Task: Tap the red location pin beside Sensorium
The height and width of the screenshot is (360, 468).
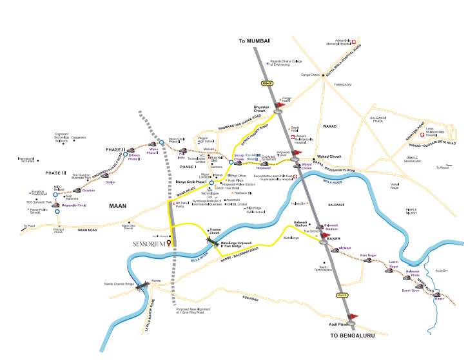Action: [x=169, y=243]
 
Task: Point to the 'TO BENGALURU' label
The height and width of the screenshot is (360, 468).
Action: [x=352, y=336]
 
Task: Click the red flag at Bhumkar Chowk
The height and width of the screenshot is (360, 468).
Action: [x=280, y=104]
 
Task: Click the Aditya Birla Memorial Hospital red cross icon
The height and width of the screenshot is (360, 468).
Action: [x=353, y=40]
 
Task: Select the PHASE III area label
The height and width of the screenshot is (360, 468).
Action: [x=55, y=173]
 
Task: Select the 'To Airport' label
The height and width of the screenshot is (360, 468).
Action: [x=442, y=167]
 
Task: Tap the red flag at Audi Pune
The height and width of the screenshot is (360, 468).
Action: [x=352, y=317]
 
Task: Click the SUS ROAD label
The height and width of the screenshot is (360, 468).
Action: [x=250, y=299]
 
